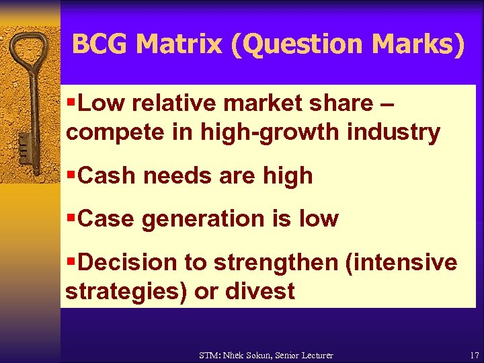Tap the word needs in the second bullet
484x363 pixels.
175,175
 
